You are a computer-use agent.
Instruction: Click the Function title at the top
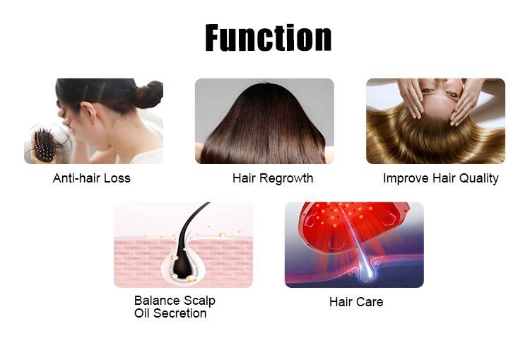point(268,37)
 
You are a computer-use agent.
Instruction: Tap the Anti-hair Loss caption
point(92,178)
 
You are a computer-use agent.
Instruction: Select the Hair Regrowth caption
point(273,178)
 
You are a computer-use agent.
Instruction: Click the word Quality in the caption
point(478,178)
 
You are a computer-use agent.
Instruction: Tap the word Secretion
point(179,313)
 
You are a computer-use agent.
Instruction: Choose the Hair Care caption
point(356,302)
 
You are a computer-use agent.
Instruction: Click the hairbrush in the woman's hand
point(44,145)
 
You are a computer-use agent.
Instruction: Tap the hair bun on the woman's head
point(149,94)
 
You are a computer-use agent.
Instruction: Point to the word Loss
point(117,178)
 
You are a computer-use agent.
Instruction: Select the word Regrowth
point(286,179)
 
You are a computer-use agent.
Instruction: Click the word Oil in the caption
point(142,313)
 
